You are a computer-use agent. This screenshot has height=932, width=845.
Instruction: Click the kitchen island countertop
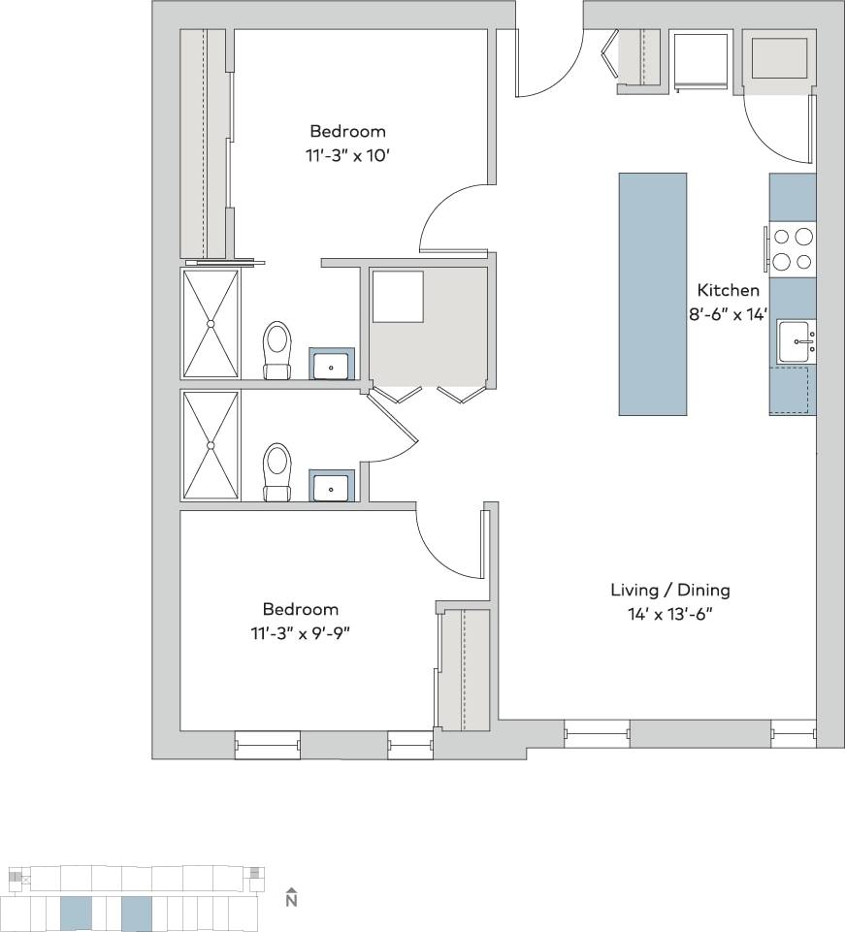652,294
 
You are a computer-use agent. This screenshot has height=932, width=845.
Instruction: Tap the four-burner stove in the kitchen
793,247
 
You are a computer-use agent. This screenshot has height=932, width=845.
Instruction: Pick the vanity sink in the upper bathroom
332,365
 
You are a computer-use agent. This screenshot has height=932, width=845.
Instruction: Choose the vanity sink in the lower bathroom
332,486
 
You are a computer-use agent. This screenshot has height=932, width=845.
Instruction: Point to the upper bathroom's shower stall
210,323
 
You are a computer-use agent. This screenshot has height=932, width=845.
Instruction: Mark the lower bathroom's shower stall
210,445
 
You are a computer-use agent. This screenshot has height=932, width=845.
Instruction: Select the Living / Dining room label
669,590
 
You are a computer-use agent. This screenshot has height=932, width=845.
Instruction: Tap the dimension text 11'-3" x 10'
347,154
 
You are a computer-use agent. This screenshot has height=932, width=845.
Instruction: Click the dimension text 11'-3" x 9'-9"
301,632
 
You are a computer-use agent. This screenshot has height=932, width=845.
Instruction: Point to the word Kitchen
729,290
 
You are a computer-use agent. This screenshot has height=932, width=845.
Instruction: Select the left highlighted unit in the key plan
76,914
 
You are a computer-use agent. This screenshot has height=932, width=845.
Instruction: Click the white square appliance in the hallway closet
398,297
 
